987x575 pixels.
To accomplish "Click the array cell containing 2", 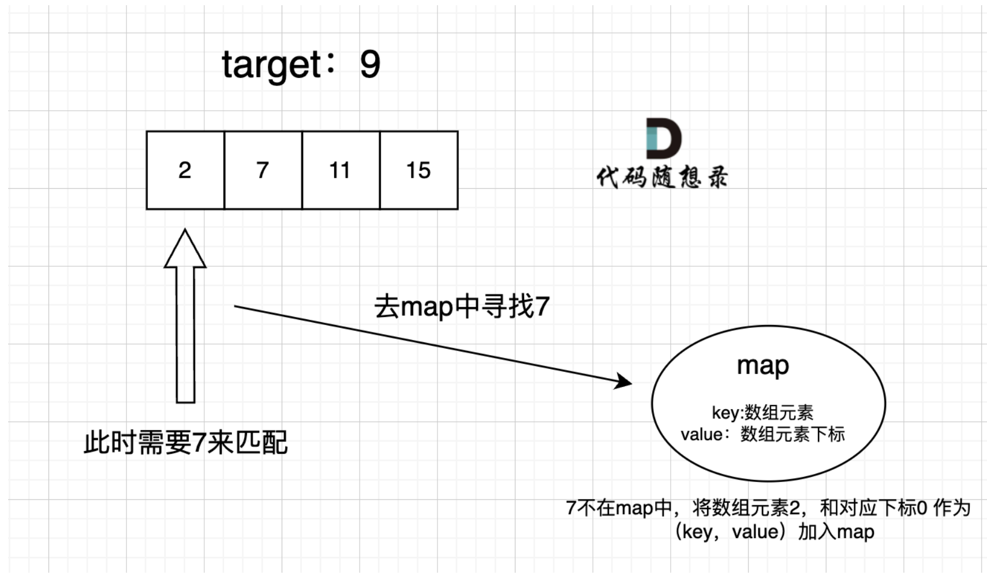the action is tap(185, 170).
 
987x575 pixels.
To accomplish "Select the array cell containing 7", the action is tap(263, 170).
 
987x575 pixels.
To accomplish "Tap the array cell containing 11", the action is tap(341, 170).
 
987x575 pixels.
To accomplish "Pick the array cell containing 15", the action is tap(419, 170).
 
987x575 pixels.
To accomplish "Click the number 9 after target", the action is tap(370, 64).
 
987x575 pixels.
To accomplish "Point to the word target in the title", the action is tap(271, 66).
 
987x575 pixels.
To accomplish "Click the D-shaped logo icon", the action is tap(664, 138).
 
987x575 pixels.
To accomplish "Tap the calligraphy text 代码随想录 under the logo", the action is tap(662, 177).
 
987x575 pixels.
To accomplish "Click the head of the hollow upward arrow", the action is tap(185, 248).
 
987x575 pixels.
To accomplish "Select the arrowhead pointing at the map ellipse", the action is tap(623, 381).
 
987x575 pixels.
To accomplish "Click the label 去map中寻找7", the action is tap(462, 307).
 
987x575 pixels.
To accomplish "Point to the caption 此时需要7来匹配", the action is tap(186, 442).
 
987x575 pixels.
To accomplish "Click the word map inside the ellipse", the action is tap(763, 365).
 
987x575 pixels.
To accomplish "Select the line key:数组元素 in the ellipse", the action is tap(762, 413).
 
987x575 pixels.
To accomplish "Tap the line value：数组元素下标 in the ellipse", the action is tap(762, 435).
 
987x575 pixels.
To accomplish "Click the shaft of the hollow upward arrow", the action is tap(185, 335).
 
